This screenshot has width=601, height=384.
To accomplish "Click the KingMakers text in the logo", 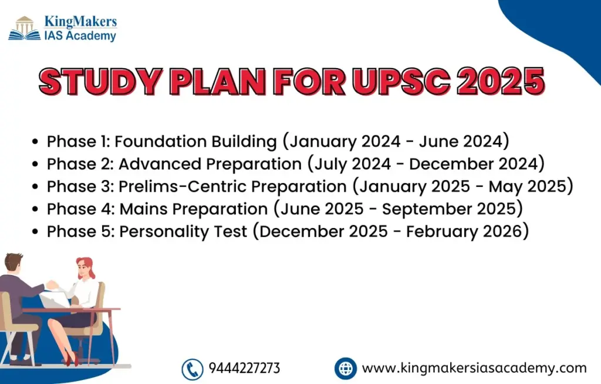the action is pyautogui.click(x=80, y=22).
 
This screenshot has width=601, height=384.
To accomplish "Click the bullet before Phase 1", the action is pyautogui.click(x=35, y=142).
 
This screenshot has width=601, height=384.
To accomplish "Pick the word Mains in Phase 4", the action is pyautogui.click(x=143, y=209).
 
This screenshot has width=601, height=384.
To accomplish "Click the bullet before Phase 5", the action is pyautogui.click(x=35, y=232).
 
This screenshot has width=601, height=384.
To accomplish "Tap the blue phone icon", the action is pyautogui.click(x=193, y=369).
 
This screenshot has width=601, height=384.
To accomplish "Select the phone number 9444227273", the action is pyautogui.click(x=244, y=368).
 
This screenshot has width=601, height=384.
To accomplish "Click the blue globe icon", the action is pyautogui.click(x=345, y=368).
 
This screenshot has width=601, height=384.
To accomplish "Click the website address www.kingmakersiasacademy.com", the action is pyautogui.click(x=474, y=368).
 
